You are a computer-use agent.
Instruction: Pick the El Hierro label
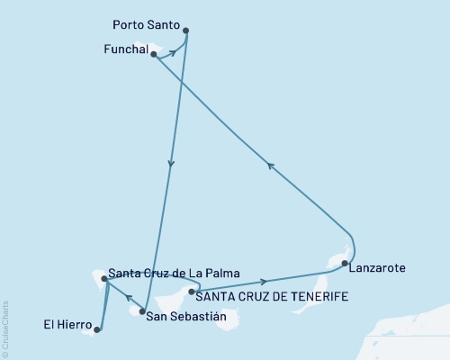pos(63,323)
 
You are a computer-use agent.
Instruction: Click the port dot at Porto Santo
pos(187,30)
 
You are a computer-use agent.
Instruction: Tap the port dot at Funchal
pos(155,55)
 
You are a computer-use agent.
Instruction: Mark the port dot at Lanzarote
pos(345,263)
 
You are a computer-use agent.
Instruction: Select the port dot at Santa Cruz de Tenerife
pos(192,292)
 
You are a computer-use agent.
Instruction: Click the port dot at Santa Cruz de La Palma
pos(104,279)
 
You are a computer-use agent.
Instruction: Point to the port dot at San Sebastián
pos(142,311)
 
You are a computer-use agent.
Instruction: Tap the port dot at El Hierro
pos(96,329)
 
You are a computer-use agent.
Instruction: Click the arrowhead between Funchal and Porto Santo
pos(173,53)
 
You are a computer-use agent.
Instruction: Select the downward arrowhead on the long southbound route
pos(171,164)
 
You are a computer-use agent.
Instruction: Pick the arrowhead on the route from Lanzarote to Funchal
pos(270,164)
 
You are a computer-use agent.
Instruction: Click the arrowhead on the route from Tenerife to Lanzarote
pos(263,282)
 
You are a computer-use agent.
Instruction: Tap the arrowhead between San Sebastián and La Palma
pos(127,299)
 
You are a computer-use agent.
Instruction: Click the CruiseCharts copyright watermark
pos(5,328)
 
